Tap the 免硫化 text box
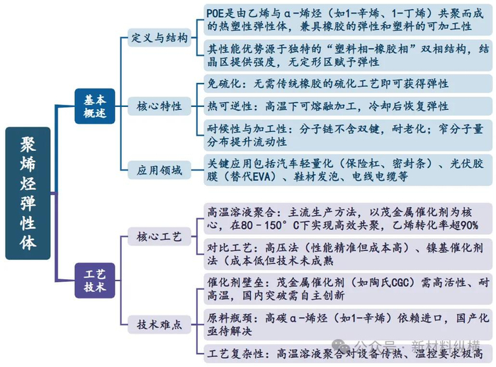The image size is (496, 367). [347, 84]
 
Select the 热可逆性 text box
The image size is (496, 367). [347, 106]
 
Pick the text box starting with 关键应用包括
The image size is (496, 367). [347, 170]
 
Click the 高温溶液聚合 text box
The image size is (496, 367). [347, 218]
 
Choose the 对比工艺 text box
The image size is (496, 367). [347, 254]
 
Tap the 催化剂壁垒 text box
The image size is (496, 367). [347, 289]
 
